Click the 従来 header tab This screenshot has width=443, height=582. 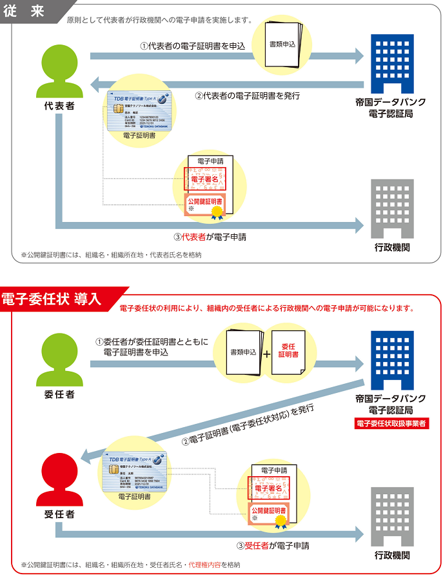25,11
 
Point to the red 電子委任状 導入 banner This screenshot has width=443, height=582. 52,299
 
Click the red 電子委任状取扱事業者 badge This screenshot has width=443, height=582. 392,424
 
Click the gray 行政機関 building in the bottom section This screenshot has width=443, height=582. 392,516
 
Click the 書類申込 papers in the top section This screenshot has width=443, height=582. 283,45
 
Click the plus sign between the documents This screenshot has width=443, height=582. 266,354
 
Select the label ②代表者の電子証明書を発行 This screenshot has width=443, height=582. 248,95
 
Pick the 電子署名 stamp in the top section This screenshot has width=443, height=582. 204,177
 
